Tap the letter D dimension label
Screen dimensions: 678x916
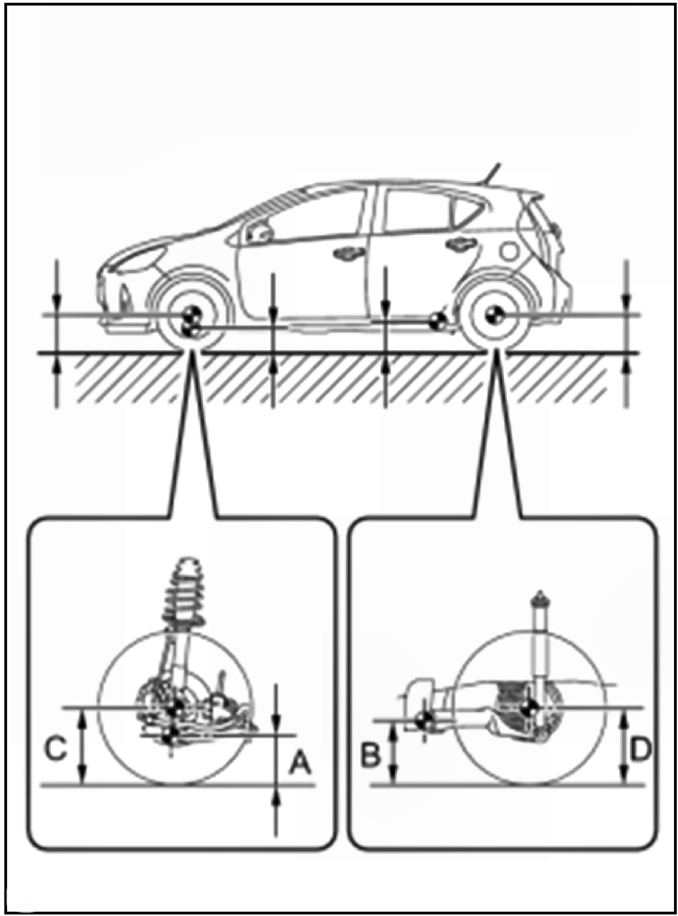(639, 749)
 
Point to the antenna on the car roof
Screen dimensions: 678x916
(493, 172)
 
